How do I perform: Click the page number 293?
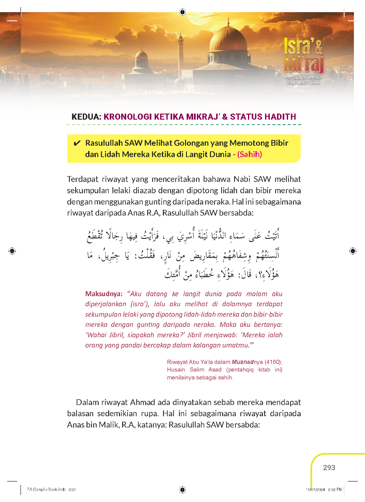pos(329,468)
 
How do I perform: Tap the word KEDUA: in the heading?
pos(86,117)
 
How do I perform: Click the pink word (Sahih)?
pos(250,154)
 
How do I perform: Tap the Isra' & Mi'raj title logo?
pos(303,56)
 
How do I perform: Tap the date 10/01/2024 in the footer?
pos(315,489)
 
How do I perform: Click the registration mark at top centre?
pos(183,12)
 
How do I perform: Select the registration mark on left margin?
pos(12,251)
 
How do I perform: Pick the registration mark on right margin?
pos(353,251)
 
